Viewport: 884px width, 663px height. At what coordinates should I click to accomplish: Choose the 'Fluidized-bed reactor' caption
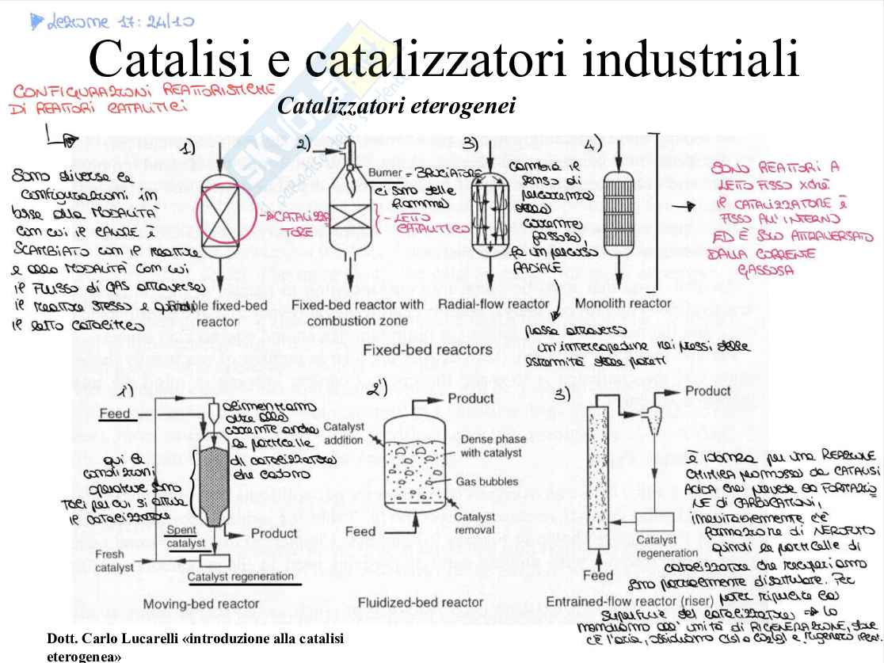[x=421, y=603]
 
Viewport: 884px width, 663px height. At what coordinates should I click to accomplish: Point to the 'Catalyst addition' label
[x=344, y=433]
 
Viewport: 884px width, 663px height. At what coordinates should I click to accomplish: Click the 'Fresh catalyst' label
[x=109, y=561]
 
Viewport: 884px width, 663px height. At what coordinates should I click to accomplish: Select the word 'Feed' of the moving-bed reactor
[x=115, y=414]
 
